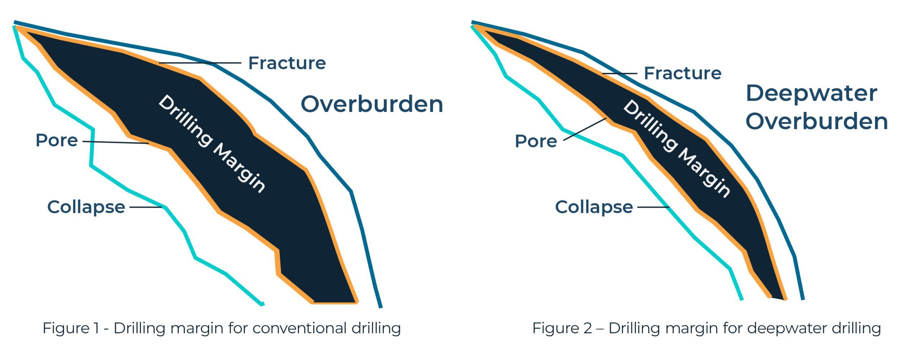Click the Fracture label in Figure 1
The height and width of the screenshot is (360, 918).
287,63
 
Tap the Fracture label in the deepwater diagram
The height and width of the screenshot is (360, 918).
683,73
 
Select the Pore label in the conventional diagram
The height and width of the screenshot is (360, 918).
57,140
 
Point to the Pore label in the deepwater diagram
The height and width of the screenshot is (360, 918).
536,141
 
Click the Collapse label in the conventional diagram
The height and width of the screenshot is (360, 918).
86,207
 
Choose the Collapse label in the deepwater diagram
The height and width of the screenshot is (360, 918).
594,207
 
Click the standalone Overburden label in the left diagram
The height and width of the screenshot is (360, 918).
372,104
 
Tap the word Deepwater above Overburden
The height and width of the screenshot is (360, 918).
811,94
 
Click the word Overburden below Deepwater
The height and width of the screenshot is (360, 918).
817,121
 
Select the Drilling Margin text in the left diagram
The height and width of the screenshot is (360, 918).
212,144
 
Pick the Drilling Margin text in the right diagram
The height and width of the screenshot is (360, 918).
677,149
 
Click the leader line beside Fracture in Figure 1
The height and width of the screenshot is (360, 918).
200,63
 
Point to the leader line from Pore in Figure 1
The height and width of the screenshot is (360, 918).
115,142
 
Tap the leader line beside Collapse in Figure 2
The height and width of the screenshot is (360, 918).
653,207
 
